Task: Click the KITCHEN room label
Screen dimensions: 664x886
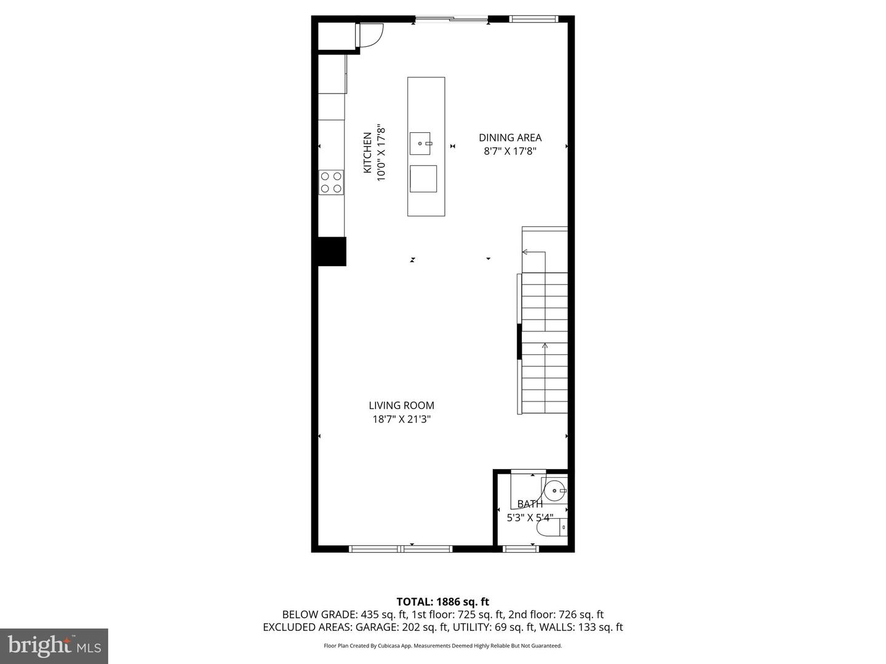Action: click(x=367, y=152)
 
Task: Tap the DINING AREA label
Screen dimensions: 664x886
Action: click(x=510, y=138)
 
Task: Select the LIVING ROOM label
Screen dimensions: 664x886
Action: click(x=401, y=405)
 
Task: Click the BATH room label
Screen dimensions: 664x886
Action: click(x=530, y=504)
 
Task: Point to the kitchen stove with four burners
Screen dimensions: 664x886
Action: click(x=331, y=183)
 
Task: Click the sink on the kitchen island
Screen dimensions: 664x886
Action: click(x=421, y=143)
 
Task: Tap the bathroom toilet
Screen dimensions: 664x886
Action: click(x=551, y=528)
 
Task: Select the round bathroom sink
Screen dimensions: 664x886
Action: click(x=555, y=491)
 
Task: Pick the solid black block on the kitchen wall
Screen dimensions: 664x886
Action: click(x=332, y=251)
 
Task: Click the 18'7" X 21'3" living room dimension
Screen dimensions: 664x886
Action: click(x=401, y=419)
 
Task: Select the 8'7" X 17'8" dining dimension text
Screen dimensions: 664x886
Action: click(x=510, y=151)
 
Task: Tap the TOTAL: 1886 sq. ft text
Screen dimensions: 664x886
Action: click(x=442, y=602)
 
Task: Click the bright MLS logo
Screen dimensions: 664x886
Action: click(x=54, y=646)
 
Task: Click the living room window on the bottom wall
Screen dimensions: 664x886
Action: click(x=401, y=548)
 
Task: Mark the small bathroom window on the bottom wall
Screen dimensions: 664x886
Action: click(x=521, y=548)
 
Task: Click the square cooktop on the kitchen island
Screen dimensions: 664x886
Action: click(x=423, y=179)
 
